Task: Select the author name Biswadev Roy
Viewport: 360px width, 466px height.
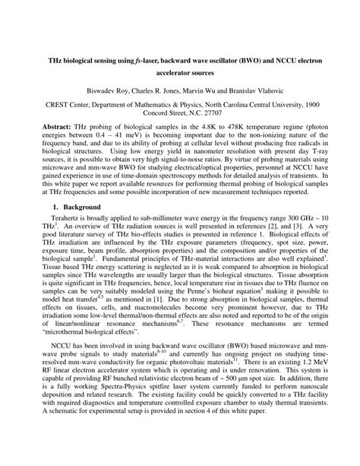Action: click(x=112, y=87)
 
